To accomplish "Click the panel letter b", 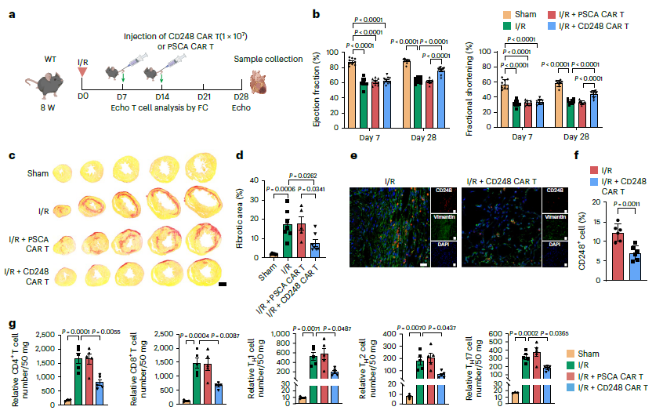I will click(x=316, y=14).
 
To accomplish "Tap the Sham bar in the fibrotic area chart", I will click(x=273, y=254).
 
